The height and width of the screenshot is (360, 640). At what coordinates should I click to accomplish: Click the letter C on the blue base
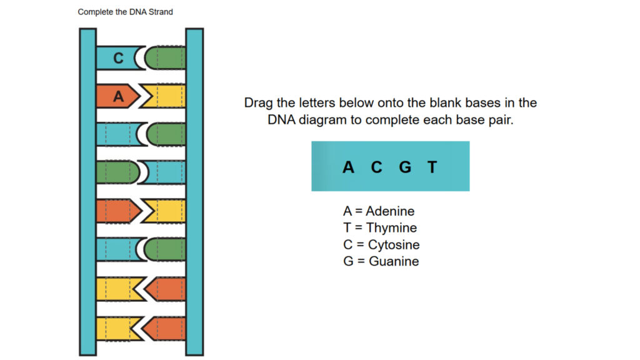point(118,58)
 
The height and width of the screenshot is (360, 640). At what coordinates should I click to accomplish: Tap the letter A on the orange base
point(119,96)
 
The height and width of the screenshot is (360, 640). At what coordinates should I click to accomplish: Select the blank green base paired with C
point(167,58)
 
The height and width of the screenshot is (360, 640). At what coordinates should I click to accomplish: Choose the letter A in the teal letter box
point(348,167)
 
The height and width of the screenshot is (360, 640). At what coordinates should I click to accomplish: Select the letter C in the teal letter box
point(376,167)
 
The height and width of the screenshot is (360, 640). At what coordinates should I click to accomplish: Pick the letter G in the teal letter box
point(405,167)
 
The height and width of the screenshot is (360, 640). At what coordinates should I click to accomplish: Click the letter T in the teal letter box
point(432,167)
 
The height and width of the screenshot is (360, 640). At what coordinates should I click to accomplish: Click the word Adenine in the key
point(390,211)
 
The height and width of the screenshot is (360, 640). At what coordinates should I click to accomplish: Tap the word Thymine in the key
point(391,228)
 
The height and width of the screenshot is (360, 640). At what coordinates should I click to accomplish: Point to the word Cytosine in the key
point(393,245)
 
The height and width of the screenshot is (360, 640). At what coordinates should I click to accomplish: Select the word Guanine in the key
point(394,261)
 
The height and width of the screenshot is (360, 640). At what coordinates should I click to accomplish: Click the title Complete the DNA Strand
point(125,12)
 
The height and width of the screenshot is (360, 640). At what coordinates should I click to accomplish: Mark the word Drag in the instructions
point(259,102)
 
